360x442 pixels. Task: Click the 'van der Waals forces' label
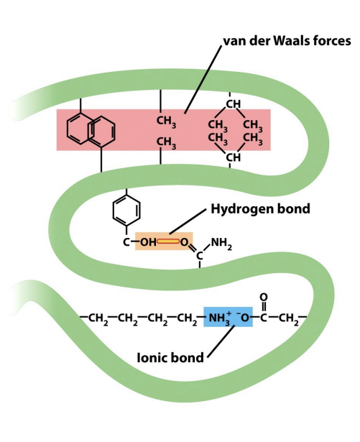tap(285, 42)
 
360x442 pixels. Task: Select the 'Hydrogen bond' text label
tap(259, 210)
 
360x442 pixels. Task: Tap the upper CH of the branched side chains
tap(232, 105)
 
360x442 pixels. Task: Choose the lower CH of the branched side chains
tap(232, 157)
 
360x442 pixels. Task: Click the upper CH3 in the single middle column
tap(167, 119)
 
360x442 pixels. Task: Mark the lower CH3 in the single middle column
tap(167, 141)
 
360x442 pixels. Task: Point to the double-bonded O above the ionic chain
tap(263, 297)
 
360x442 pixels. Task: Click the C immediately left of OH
tap(126, 242)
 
